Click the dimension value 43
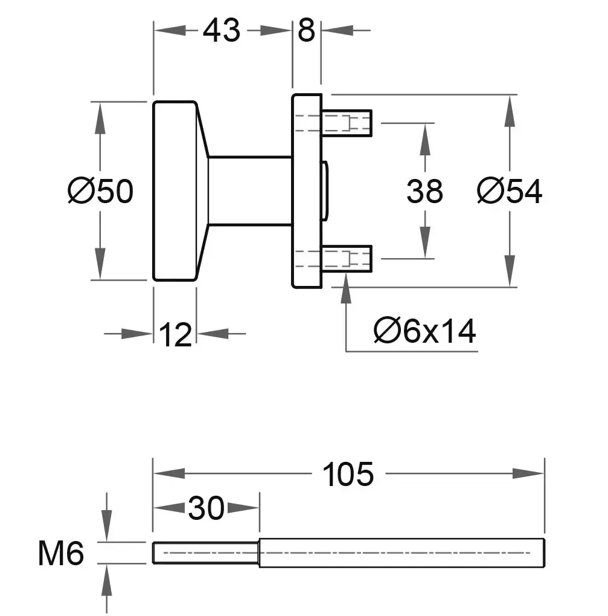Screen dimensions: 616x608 pos(221,30)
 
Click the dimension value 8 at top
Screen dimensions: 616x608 pos(306,30)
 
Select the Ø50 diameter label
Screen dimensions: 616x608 pos(100,192)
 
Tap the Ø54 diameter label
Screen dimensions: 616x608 pos(509,192)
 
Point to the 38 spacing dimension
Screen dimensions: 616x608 pos(424,192)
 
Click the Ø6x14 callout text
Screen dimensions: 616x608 pos(424,331)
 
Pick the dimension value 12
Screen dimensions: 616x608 pos(175,334)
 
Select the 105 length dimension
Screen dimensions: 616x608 pos(348,474)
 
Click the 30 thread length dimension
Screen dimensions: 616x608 pos(206,508)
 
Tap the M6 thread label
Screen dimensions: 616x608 pos(61,553)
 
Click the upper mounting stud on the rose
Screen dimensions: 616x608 pos(347,123)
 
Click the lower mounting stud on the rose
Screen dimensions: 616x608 pos(347,259)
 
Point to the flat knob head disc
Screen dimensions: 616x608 pos(174,191)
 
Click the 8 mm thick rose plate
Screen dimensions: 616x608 pos(307,191)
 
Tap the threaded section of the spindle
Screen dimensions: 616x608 pos(206,553)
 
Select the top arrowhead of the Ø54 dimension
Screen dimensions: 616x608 pos(510,109)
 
